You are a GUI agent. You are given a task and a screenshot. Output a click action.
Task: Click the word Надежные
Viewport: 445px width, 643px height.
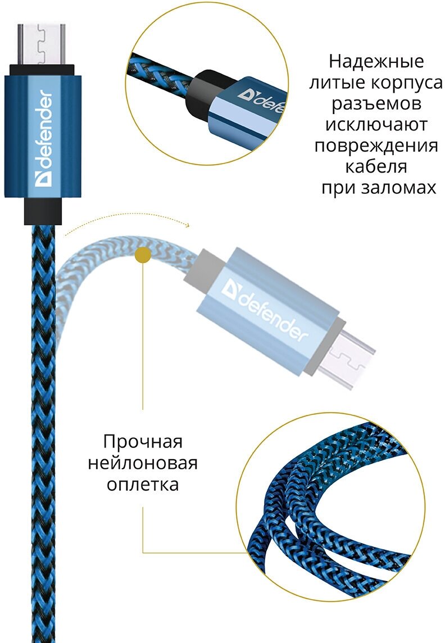click(376, 61)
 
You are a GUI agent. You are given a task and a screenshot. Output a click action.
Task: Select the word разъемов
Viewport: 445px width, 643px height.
click(376, 104)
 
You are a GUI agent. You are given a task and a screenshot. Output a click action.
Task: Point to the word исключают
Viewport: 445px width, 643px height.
click(376, 125)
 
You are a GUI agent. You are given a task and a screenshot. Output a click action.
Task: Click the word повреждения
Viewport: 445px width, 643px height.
click(376, 146)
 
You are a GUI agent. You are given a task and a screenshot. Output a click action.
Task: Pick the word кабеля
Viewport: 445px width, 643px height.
click(376, 167)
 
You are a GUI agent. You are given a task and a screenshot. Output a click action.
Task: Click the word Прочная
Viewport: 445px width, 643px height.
click(143, 442)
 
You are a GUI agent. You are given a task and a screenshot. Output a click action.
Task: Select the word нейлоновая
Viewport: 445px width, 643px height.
click(143, 463)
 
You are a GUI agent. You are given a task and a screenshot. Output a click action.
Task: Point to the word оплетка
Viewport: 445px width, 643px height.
click(143, 484)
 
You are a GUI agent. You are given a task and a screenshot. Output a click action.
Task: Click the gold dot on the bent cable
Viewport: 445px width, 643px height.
click(143, 255)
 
